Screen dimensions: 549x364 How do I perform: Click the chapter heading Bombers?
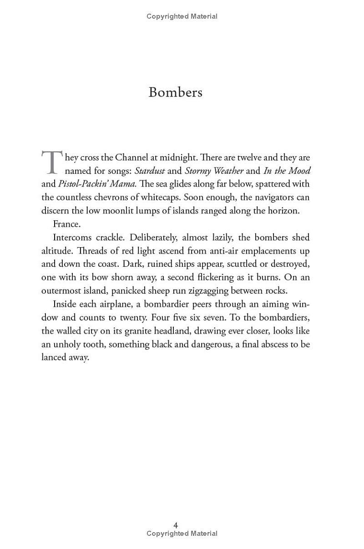point(175,92)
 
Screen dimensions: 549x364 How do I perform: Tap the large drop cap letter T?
point(51,163)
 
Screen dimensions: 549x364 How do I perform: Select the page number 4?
point(176,525)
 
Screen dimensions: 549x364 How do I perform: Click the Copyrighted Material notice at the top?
point(182,16)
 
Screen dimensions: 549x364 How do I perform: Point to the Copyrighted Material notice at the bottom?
point(182,534)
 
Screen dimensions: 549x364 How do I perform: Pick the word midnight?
point(178,158)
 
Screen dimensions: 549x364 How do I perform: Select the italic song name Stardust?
point(151,171)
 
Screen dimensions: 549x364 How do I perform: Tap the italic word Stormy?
point(198,171)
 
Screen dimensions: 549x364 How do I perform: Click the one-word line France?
point(66,224)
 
